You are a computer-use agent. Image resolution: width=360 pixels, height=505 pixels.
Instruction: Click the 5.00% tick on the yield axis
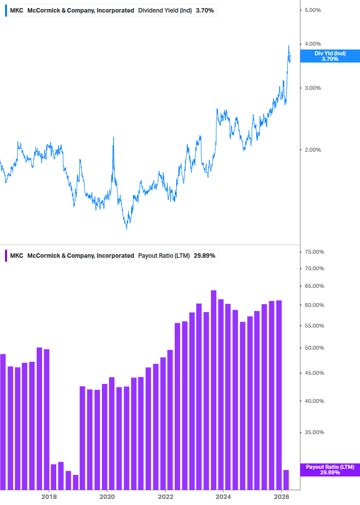coord(316,10)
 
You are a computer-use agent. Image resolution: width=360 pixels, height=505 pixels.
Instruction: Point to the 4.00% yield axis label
coord(316,44)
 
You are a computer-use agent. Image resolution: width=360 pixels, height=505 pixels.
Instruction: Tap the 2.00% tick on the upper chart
coord(316,150)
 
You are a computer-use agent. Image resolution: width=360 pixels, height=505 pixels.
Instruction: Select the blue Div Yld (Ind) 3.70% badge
coord(330,56)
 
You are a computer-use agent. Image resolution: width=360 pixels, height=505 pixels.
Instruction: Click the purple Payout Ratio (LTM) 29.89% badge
coord(330,470)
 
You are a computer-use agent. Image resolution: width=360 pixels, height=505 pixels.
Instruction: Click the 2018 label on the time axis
coord(49,497)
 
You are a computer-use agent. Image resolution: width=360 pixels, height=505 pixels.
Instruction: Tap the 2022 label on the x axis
coord(165,497)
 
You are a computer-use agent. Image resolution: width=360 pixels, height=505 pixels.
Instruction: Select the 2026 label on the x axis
coord(282,497)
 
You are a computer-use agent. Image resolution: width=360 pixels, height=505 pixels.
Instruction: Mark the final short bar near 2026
coord(286,479)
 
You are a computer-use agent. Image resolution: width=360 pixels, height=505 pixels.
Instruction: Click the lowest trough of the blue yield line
coord(127,229)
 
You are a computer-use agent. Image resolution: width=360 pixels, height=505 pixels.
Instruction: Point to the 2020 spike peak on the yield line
coord(113,137)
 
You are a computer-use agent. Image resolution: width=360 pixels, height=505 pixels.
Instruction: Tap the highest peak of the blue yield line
coord(289,46)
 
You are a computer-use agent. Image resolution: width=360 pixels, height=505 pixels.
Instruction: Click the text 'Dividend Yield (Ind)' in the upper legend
coord(165,10)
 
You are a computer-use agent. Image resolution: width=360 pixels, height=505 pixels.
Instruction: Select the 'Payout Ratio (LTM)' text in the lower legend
coord(164,255)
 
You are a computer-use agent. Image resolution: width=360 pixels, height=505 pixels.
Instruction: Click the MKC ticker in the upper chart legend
coord(17,10)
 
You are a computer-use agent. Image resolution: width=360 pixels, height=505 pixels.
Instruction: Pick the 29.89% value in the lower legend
coord(204,255)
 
